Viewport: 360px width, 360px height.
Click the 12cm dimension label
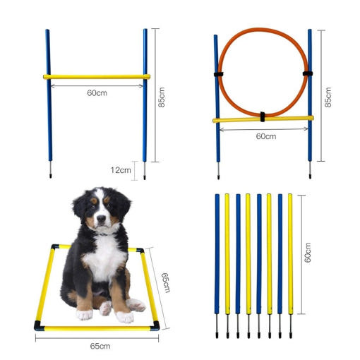[x=121, y=170]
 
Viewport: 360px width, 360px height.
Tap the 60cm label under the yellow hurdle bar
[x=97, y=93]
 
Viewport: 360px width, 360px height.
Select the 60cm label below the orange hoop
[x=266, y=136]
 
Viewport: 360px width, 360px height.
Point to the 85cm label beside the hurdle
[x=162, y=97]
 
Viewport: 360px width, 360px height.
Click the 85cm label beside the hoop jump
[x=328, y=97]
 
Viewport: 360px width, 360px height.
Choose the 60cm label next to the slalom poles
[x=308, y=253]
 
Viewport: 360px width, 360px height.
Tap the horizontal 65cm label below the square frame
[x=100, y=346]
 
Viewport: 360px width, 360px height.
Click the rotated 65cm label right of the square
[x=165, y=282]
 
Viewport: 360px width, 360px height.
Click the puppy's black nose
[x=101, y=219]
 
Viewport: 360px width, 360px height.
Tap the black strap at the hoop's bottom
[x=263, y=116]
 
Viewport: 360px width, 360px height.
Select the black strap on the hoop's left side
[x=219, y=74]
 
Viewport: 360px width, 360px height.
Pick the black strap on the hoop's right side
[x=308, y=73]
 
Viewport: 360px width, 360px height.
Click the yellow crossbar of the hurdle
[x=97, y=77]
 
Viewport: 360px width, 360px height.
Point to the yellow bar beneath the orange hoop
[x=263, y=119]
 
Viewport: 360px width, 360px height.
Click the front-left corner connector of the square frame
[x=39, y=326]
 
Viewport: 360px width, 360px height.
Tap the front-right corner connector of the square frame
[x=155, y=326]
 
